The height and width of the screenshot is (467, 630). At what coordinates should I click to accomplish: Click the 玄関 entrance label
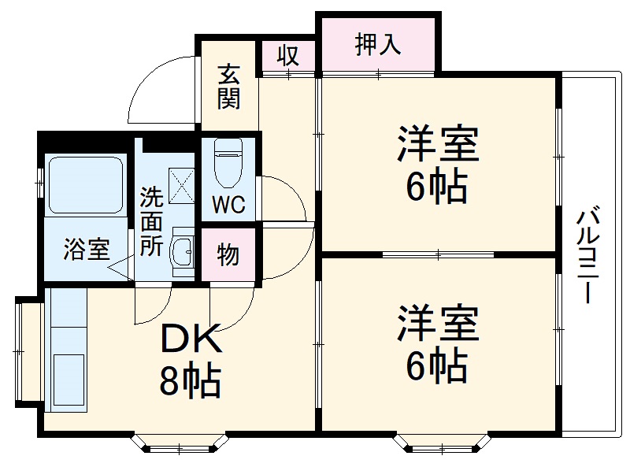click(228, 87)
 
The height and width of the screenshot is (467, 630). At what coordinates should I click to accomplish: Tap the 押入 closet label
click(378, 44)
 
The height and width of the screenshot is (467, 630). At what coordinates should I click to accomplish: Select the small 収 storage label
click(288, 56)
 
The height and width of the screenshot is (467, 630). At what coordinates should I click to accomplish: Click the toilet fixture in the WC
click(228, 162)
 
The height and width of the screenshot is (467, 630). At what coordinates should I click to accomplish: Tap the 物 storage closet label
click(228, 255)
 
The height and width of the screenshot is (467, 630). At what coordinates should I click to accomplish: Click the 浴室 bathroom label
click(87, 250)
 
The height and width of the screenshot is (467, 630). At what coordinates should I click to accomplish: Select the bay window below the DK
click(180, 444)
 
